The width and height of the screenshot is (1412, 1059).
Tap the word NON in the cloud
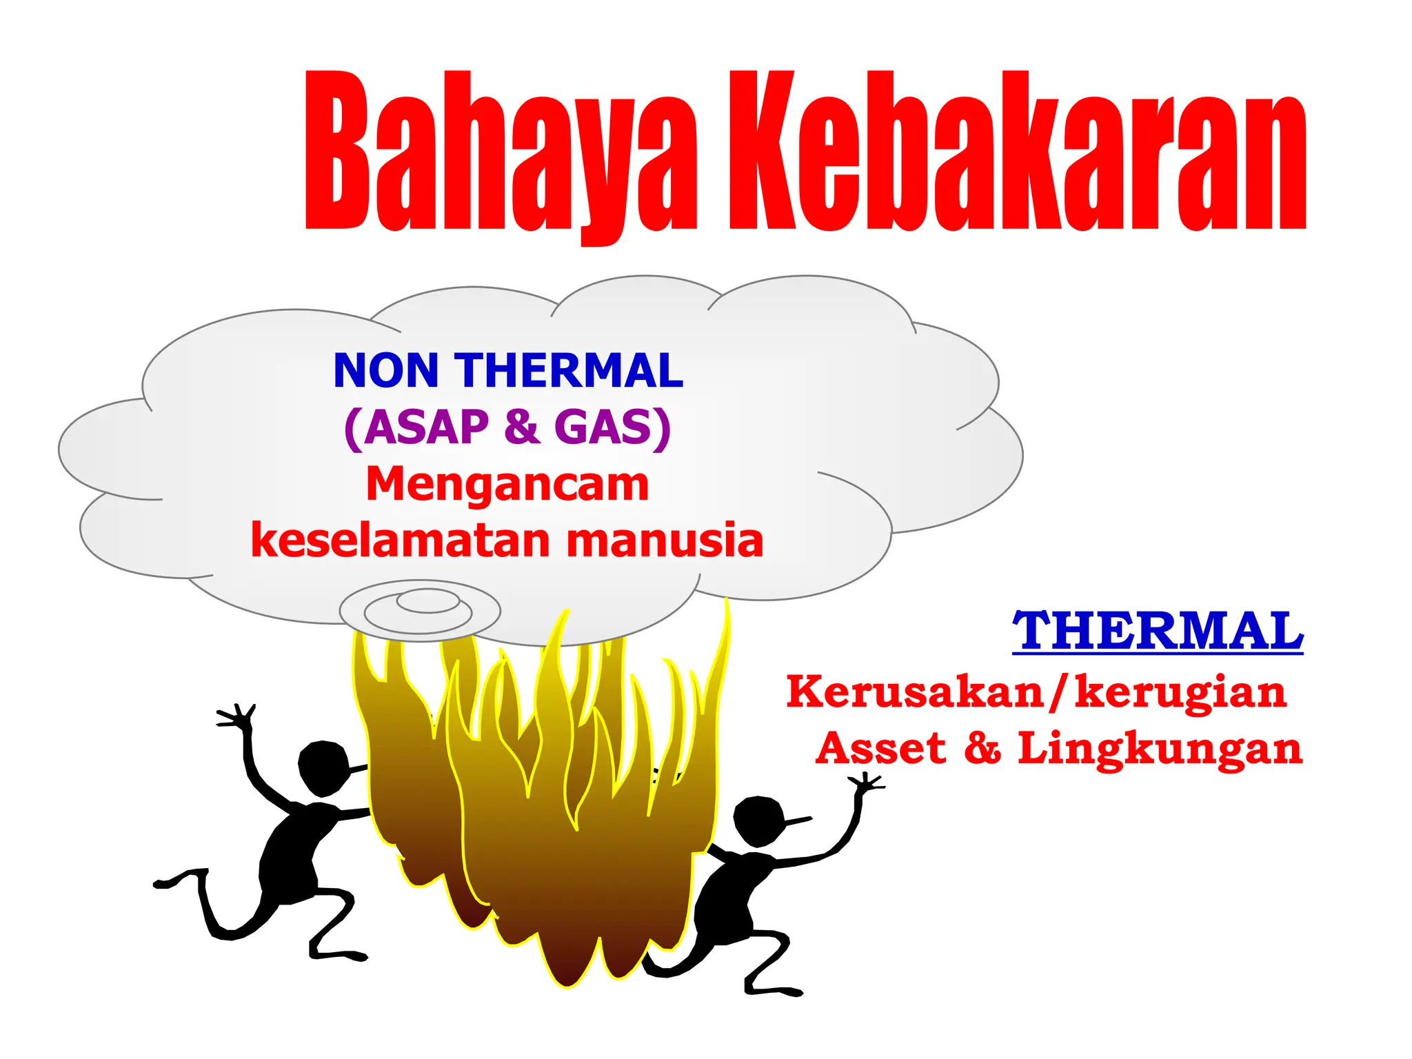tap(385, 371)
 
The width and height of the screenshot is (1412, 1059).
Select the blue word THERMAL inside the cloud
tap(568, 371)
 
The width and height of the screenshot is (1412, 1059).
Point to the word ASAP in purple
tap(427, 427)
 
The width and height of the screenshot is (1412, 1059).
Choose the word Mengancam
tap(507, 483)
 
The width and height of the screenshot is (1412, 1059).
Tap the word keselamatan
tap(401, 540)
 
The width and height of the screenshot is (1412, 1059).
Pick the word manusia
tap(665, 540)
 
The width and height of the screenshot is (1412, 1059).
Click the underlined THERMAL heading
tap(1158, 630)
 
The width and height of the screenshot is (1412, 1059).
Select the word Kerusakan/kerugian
tap(1036, 692)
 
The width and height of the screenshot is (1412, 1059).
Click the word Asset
tap(880, 748)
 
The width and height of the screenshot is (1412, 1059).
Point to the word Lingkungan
tap(1160, 749)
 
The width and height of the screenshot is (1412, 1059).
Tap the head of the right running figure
tap(758, 820)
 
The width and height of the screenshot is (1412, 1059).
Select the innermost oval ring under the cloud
tap(427, 601)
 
